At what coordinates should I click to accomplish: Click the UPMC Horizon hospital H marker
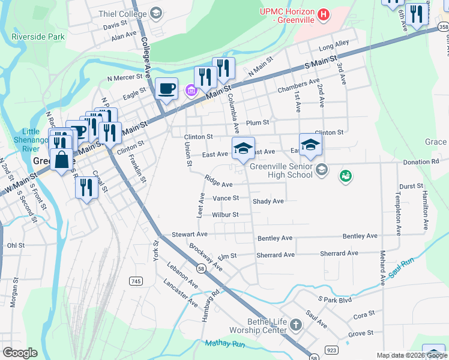tap(324, 14)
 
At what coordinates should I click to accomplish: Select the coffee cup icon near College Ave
tap(166, 89)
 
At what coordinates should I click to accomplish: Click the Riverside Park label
tap(37, 37)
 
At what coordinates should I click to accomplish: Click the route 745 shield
tap(136, 281)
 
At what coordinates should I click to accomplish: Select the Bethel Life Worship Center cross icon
tap(295, 325)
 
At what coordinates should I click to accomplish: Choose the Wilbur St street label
tap(225, 214)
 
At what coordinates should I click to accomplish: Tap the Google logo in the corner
tap(20, 353)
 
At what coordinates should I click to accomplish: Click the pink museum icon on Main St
tap(191, 91)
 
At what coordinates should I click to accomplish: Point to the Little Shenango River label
tap(31, 140)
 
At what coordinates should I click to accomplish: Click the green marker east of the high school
tap(345, 176)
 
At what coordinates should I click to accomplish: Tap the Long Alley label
tap(334, 46)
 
